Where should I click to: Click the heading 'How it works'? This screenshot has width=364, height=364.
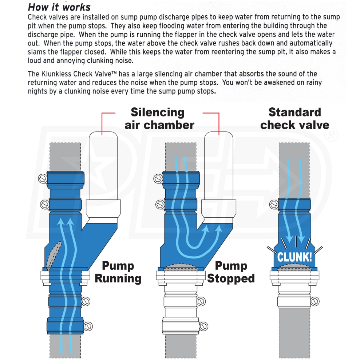pos(59,7)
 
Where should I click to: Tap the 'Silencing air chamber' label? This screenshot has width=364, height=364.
pos(159,118)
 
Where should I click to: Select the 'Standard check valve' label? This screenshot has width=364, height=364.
pos(294,118)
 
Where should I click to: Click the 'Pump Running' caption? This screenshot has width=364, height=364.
pos(118,272)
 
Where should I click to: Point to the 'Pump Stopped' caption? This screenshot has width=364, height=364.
pos(231,272)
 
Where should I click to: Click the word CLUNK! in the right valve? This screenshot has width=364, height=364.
pos(294,257)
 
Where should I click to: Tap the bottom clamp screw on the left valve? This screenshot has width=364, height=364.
pos(88,325)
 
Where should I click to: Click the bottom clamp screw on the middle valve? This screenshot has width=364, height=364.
pos(203,325)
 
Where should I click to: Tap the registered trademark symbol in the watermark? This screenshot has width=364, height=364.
pos(330,135)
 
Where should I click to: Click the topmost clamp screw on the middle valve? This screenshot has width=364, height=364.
pos(158,178)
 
